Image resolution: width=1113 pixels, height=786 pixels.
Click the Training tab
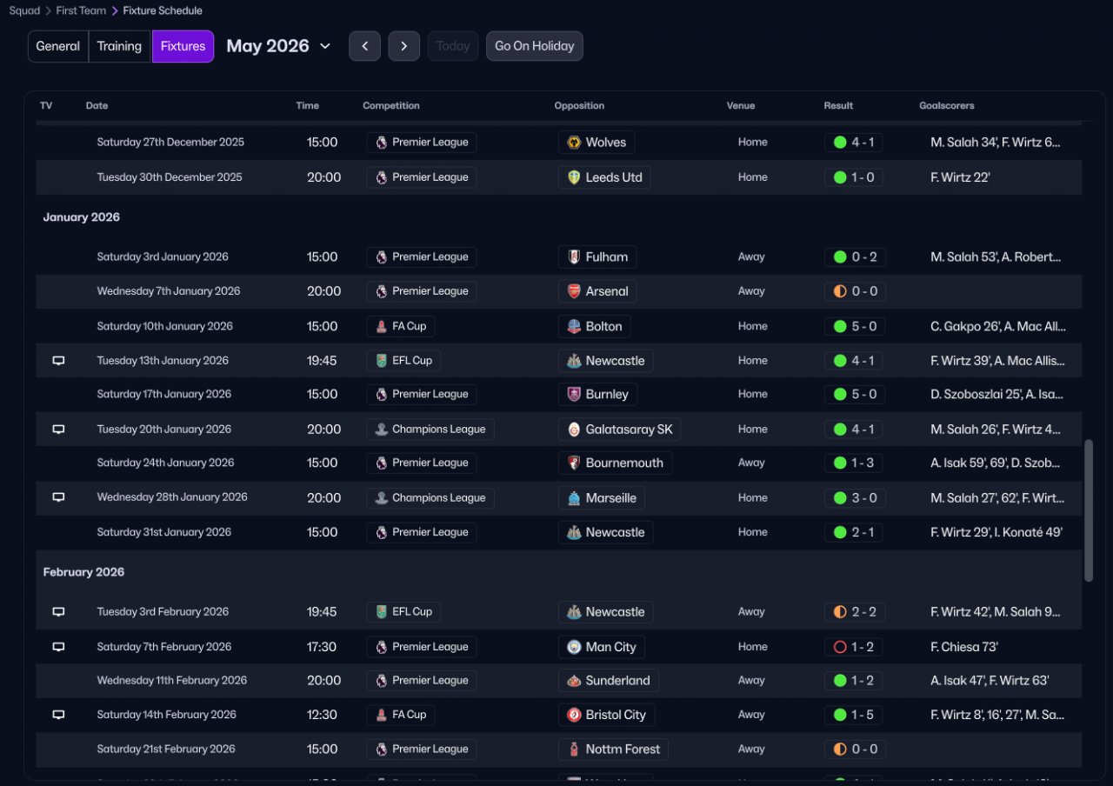(x=119, y=46)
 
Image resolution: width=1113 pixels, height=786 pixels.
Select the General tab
(x=58, y=46)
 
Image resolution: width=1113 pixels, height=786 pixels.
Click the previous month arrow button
(x=364, y=46)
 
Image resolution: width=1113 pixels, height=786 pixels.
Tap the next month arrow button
(x=404, y=46)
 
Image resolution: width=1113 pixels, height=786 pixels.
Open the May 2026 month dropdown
(x=278, y=46)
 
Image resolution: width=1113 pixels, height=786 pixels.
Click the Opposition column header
(x=579, y=105)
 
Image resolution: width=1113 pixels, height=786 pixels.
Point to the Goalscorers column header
(x=946, y=105)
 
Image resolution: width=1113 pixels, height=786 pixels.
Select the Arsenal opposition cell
(x=597, y=291)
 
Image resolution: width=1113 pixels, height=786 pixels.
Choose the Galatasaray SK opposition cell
(x=619, y=429)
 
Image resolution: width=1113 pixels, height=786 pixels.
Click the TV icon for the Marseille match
(x=58, y=497)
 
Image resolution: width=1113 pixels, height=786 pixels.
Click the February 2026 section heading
(x=83, y=572)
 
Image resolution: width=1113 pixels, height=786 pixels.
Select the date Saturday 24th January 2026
(x=163, y=463)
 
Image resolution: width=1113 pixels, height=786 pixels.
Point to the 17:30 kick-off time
(x=322, y=647)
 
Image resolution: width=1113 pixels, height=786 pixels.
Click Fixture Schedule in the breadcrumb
(x=163, y=10)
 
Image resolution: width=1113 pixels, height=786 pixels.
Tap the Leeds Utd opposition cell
(x=604, y=177)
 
